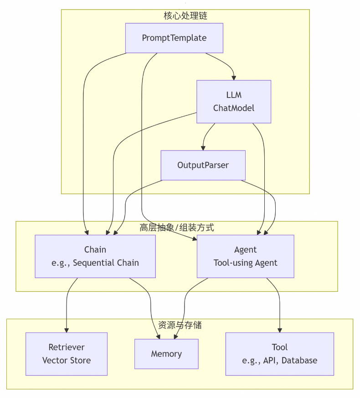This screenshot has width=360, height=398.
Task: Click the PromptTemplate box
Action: click(x=174, y=38)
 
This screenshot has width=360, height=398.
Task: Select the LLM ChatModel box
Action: click(x=234, y=102)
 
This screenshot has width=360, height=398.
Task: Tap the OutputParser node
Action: click(x=203, y=165)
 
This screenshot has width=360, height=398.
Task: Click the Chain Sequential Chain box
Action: click(x=95, y=256)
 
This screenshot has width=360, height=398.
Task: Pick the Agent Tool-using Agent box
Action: click(x=245, y=256)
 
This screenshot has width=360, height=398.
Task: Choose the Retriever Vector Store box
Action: click(x=67, y=354)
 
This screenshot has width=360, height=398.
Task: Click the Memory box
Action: click(x=166, y=354)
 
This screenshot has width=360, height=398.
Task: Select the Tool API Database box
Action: click(x=279, y=354)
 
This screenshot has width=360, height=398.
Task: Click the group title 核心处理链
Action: click(x=185, y=16)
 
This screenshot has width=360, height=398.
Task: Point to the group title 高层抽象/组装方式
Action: click(x=177, y=227)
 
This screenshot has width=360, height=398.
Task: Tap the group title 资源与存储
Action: click(x=180, y=325)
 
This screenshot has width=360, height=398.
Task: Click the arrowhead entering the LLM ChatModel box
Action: click(x=234, y=78)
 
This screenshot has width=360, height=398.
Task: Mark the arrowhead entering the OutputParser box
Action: click(x=203, y=148)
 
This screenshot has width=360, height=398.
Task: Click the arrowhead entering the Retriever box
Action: click(x=67, y=330)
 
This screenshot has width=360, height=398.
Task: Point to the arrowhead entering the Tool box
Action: click(x=279, y=330)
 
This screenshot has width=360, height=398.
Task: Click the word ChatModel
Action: click(x=234, y=108)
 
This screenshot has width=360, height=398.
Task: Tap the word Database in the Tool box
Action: click(x=299, y=360)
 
